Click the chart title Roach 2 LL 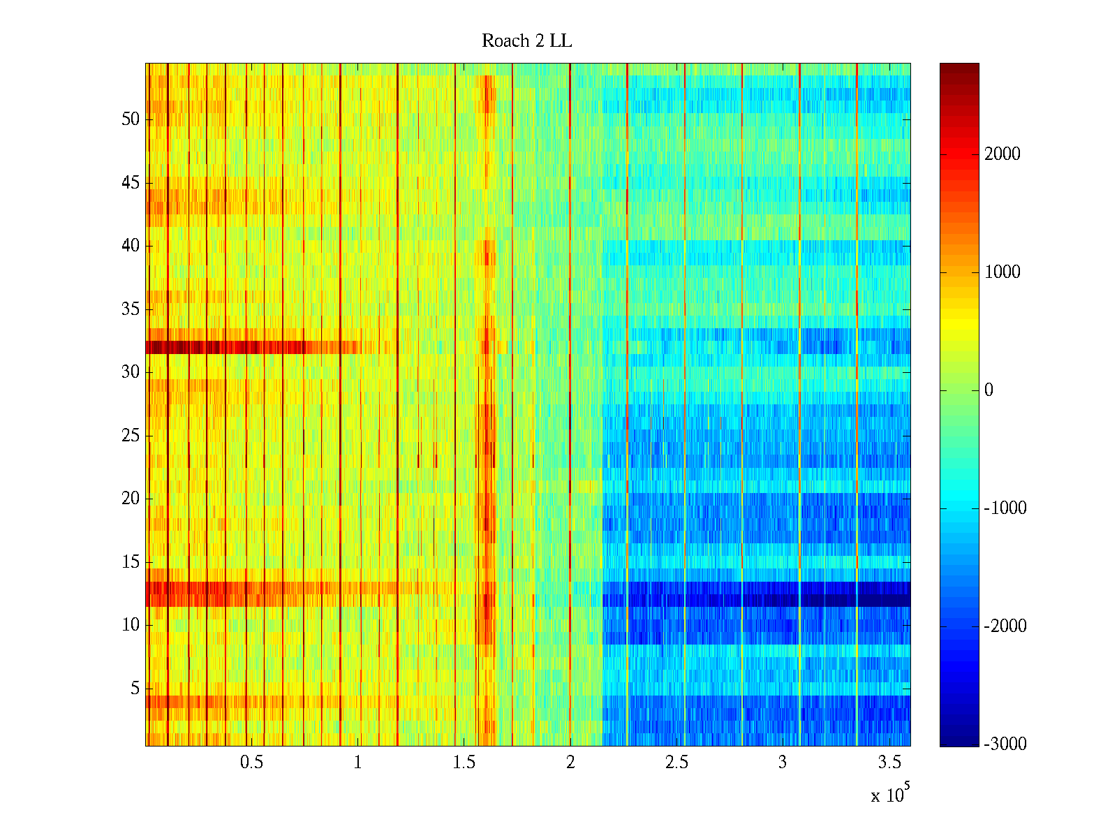pos(526,41)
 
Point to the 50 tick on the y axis pos(131,119)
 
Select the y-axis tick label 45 pos(131,183)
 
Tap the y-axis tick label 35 pos(131,309)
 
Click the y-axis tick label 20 pos(131,499)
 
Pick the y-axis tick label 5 pos(135,689)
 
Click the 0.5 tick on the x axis pos(251,763)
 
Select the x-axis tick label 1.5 pos(464,763)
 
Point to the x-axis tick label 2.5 pos(676,763)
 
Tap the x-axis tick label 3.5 pos(889,763)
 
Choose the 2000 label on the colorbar pos(1002,154)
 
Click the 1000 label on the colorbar pos(1002,272)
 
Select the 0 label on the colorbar pos(989,390)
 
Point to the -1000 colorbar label pos(1005,508)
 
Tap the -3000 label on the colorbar pos(1005,744)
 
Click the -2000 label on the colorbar pos(1005,626)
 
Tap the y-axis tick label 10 pos(131,625)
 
